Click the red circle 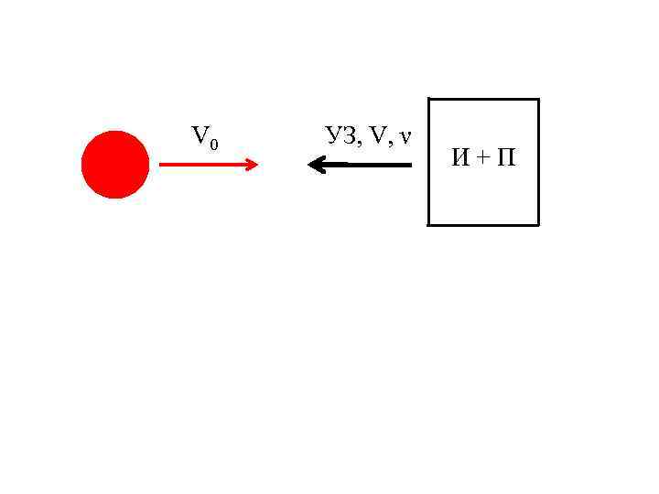click(x=114, y=165)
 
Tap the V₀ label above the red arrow click(x=204, y=138)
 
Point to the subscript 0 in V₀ click(x=213, y=144)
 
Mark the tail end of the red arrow click(x=162, y=165)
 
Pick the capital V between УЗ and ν click(x=378, y=136)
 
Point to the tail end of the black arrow click(x=409, y=165)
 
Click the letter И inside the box click(x=461, y=158)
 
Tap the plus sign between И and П click(x=482, y=158)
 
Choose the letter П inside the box click(x=504, y=158)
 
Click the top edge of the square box click(x=483, y=99)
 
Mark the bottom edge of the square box click(x=483, y=224)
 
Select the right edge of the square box click(x=538, y=162)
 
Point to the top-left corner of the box click(x=428, y=99)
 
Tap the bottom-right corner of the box click(x=538, y=224)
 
